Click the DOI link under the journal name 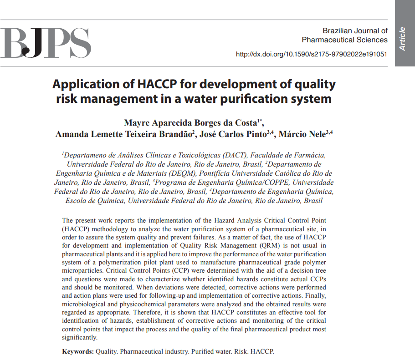click(x=311, y=54)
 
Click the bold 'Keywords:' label click(x=78, y=352)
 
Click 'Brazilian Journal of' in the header click(x=355, y=30)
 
